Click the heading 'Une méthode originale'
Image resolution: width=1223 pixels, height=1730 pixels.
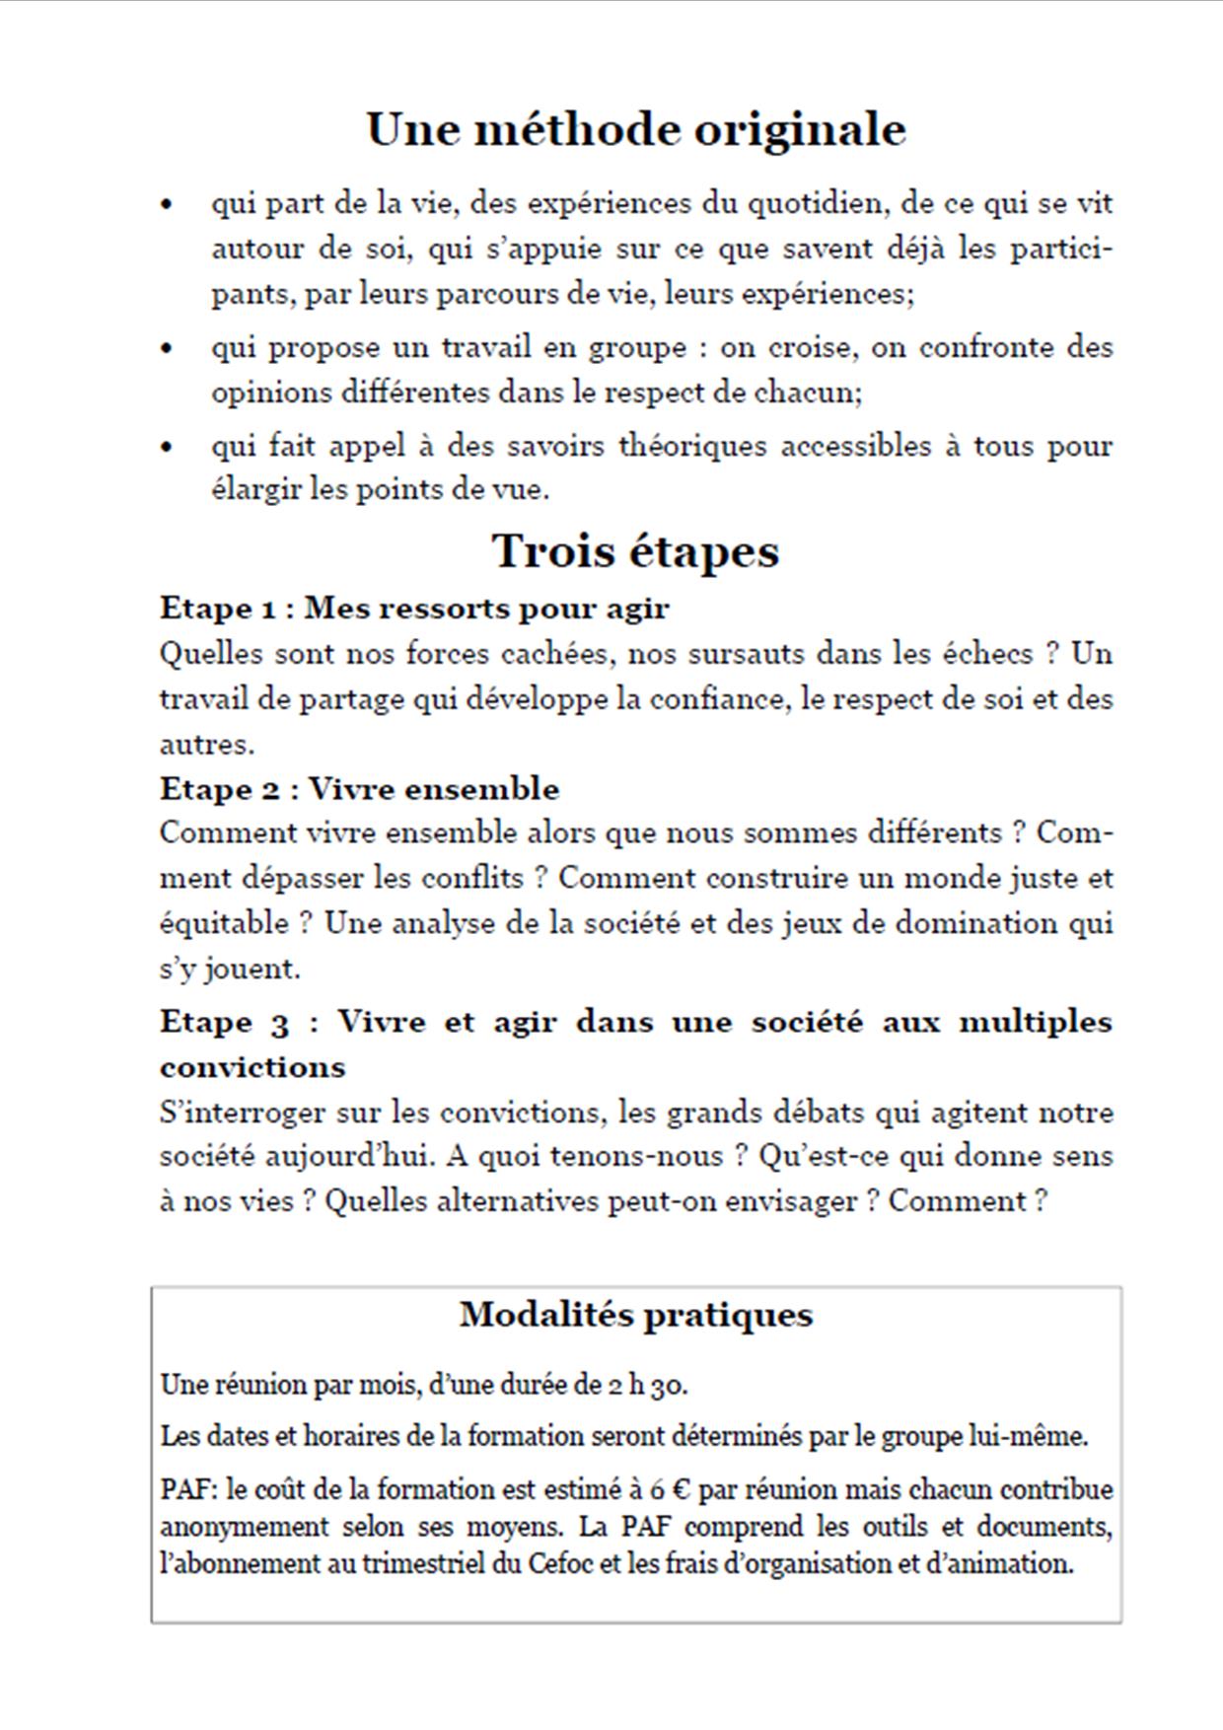tap(635, 129)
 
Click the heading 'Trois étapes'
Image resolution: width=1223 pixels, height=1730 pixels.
tap(635, 550)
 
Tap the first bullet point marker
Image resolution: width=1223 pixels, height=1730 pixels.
tap(167, 204)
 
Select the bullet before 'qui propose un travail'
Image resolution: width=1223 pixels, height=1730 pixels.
tap(167, 348)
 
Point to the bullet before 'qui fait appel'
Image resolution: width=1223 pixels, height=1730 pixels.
tap(167, 447)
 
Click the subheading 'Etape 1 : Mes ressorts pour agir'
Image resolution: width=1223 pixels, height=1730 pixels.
tap(414, 608)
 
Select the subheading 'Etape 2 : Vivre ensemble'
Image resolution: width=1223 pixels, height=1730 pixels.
tap(359, 789)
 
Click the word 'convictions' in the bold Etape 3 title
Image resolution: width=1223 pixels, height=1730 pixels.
tap(252, 1067)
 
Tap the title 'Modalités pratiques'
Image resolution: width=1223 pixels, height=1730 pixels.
tap(635, 1315)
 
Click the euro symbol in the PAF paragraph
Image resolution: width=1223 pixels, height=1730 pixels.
tap(679, 1489)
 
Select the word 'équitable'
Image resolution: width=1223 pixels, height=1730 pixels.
tap(226, 924)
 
